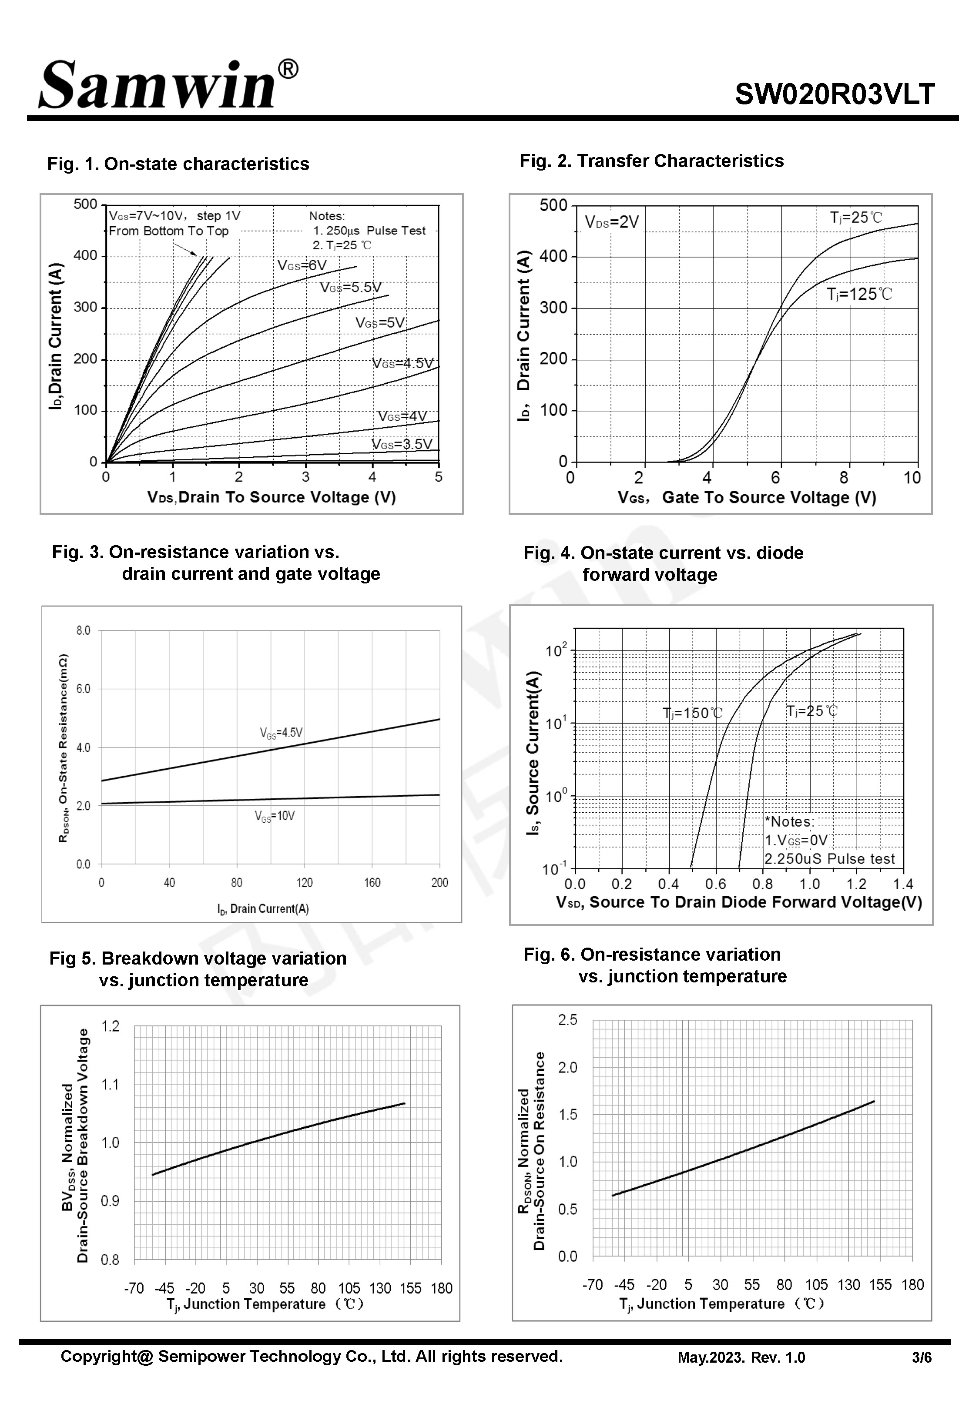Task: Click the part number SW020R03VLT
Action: (x=834, y=94)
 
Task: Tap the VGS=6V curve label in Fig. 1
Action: (x=302, y=265)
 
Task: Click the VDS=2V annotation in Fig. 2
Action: (x=612, y=222)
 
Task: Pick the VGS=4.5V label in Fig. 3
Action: (x=281, y=733)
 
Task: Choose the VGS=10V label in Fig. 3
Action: (x=275, y=816)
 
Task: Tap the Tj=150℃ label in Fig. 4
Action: (x=693, y=713)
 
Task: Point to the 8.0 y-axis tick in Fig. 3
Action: (x=84, y=631)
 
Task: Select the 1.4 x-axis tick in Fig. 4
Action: (x=903, y=884)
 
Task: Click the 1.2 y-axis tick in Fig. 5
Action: (x=111, y=1026)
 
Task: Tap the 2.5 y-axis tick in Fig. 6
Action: (x=567, y=1020)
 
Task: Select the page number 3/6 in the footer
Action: (x=921, y=1357)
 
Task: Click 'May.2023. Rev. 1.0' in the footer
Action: (x=741, y=1357)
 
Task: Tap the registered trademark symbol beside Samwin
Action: (x=288, y=69)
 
